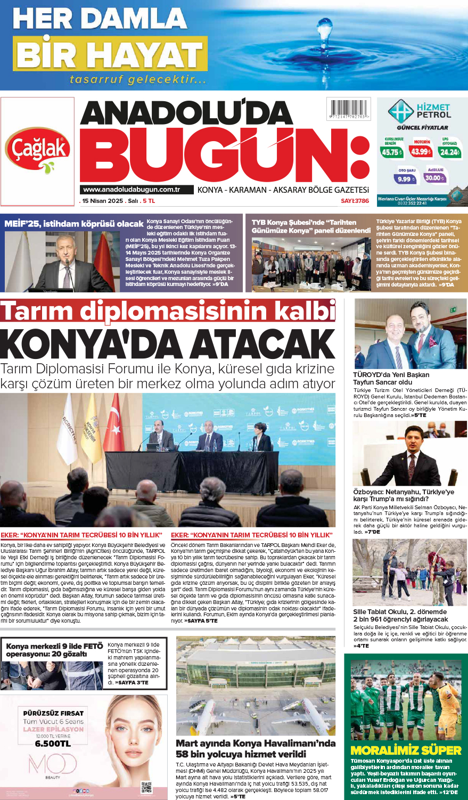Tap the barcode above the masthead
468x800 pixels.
(349, 109)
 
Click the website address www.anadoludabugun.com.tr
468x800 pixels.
(131, 190)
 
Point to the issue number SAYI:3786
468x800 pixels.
(355, 201)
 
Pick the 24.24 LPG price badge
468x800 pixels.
(449, 152)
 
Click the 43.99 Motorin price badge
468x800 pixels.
(421, 151)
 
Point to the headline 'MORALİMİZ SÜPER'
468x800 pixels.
(406, 750)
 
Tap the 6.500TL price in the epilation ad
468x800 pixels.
(53, 744)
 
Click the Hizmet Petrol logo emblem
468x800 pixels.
(400, 111)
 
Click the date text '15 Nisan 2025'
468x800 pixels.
(102, 201)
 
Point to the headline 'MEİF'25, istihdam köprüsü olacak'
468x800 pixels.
(74, 224)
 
